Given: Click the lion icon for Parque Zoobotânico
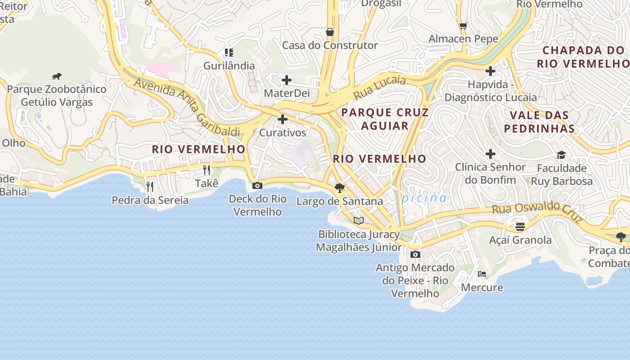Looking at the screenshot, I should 57,76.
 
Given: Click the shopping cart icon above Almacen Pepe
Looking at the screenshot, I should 463,26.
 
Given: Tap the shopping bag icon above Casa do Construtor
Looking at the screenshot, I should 330,32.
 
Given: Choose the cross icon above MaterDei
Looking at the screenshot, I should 287,81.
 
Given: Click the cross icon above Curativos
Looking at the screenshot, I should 283,120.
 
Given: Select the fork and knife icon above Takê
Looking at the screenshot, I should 207,170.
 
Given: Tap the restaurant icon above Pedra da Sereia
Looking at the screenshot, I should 150,186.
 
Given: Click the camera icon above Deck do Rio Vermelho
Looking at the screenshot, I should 257,185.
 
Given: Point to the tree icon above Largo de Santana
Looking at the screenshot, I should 340,188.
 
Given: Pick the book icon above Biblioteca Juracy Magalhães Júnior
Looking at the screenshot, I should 358,220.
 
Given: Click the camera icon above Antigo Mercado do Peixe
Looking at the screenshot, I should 415,255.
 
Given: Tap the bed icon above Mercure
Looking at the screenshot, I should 482,274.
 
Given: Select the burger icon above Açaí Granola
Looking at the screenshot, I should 520,226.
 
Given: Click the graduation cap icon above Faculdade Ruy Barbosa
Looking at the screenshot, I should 561,155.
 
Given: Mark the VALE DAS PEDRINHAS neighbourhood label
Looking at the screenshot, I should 539,122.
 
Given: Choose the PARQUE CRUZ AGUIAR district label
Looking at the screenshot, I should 385,119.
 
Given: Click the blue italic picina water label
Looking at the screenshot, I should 424,198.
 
